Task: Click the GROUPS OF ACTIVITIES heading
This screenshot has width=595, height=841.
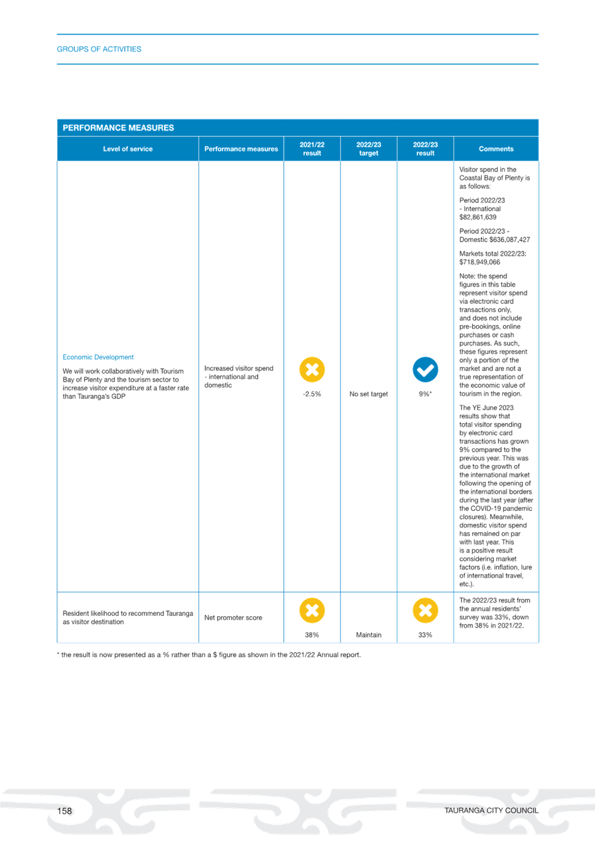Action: coord(99,49)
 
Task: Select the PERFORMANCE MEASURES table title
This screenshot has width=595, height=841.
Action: coord(118,128)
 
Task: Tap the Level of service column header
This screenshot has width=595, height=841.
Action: coord(128,149)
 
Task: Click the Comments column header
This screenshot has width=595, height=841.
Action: coord(496,149)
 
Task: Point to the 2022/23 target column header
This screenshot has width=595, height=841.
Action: coord(369,149)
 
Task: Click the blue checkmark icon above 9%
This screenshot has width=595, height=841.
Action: coord(425,369)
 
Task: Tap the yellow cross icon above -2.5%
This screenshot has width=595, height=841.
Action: coord(312,369)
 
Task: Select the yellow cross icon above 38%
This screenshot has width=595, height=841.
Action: coord(312,610)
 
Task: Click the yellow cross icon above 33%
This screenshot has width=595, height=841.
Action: coord(425,610)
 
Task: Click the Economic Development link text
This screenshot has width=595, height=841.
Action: coord(98,357)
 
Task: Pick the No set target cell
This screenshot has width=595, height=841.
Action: coord(369,394)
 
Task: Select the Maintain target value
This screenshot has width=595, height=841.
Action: coord(369,635)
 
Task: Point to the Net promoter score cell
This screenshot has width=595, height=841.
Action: coord(233,618)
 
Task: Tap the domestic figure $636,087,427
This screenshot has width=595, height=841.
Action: coord(510,240)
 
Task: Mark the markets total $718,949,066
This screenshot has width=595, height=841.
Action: coord(480,262)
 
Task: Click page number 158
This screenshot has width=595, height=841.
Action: coord(64,811)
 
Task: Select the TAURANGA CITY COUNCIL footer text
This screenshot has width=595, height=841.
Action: coord(491,811)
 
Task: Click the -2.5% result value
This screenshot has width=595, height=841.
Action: coord(312,394)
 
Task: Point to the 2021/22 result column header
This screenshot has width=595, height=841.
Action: coord(312,149)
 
